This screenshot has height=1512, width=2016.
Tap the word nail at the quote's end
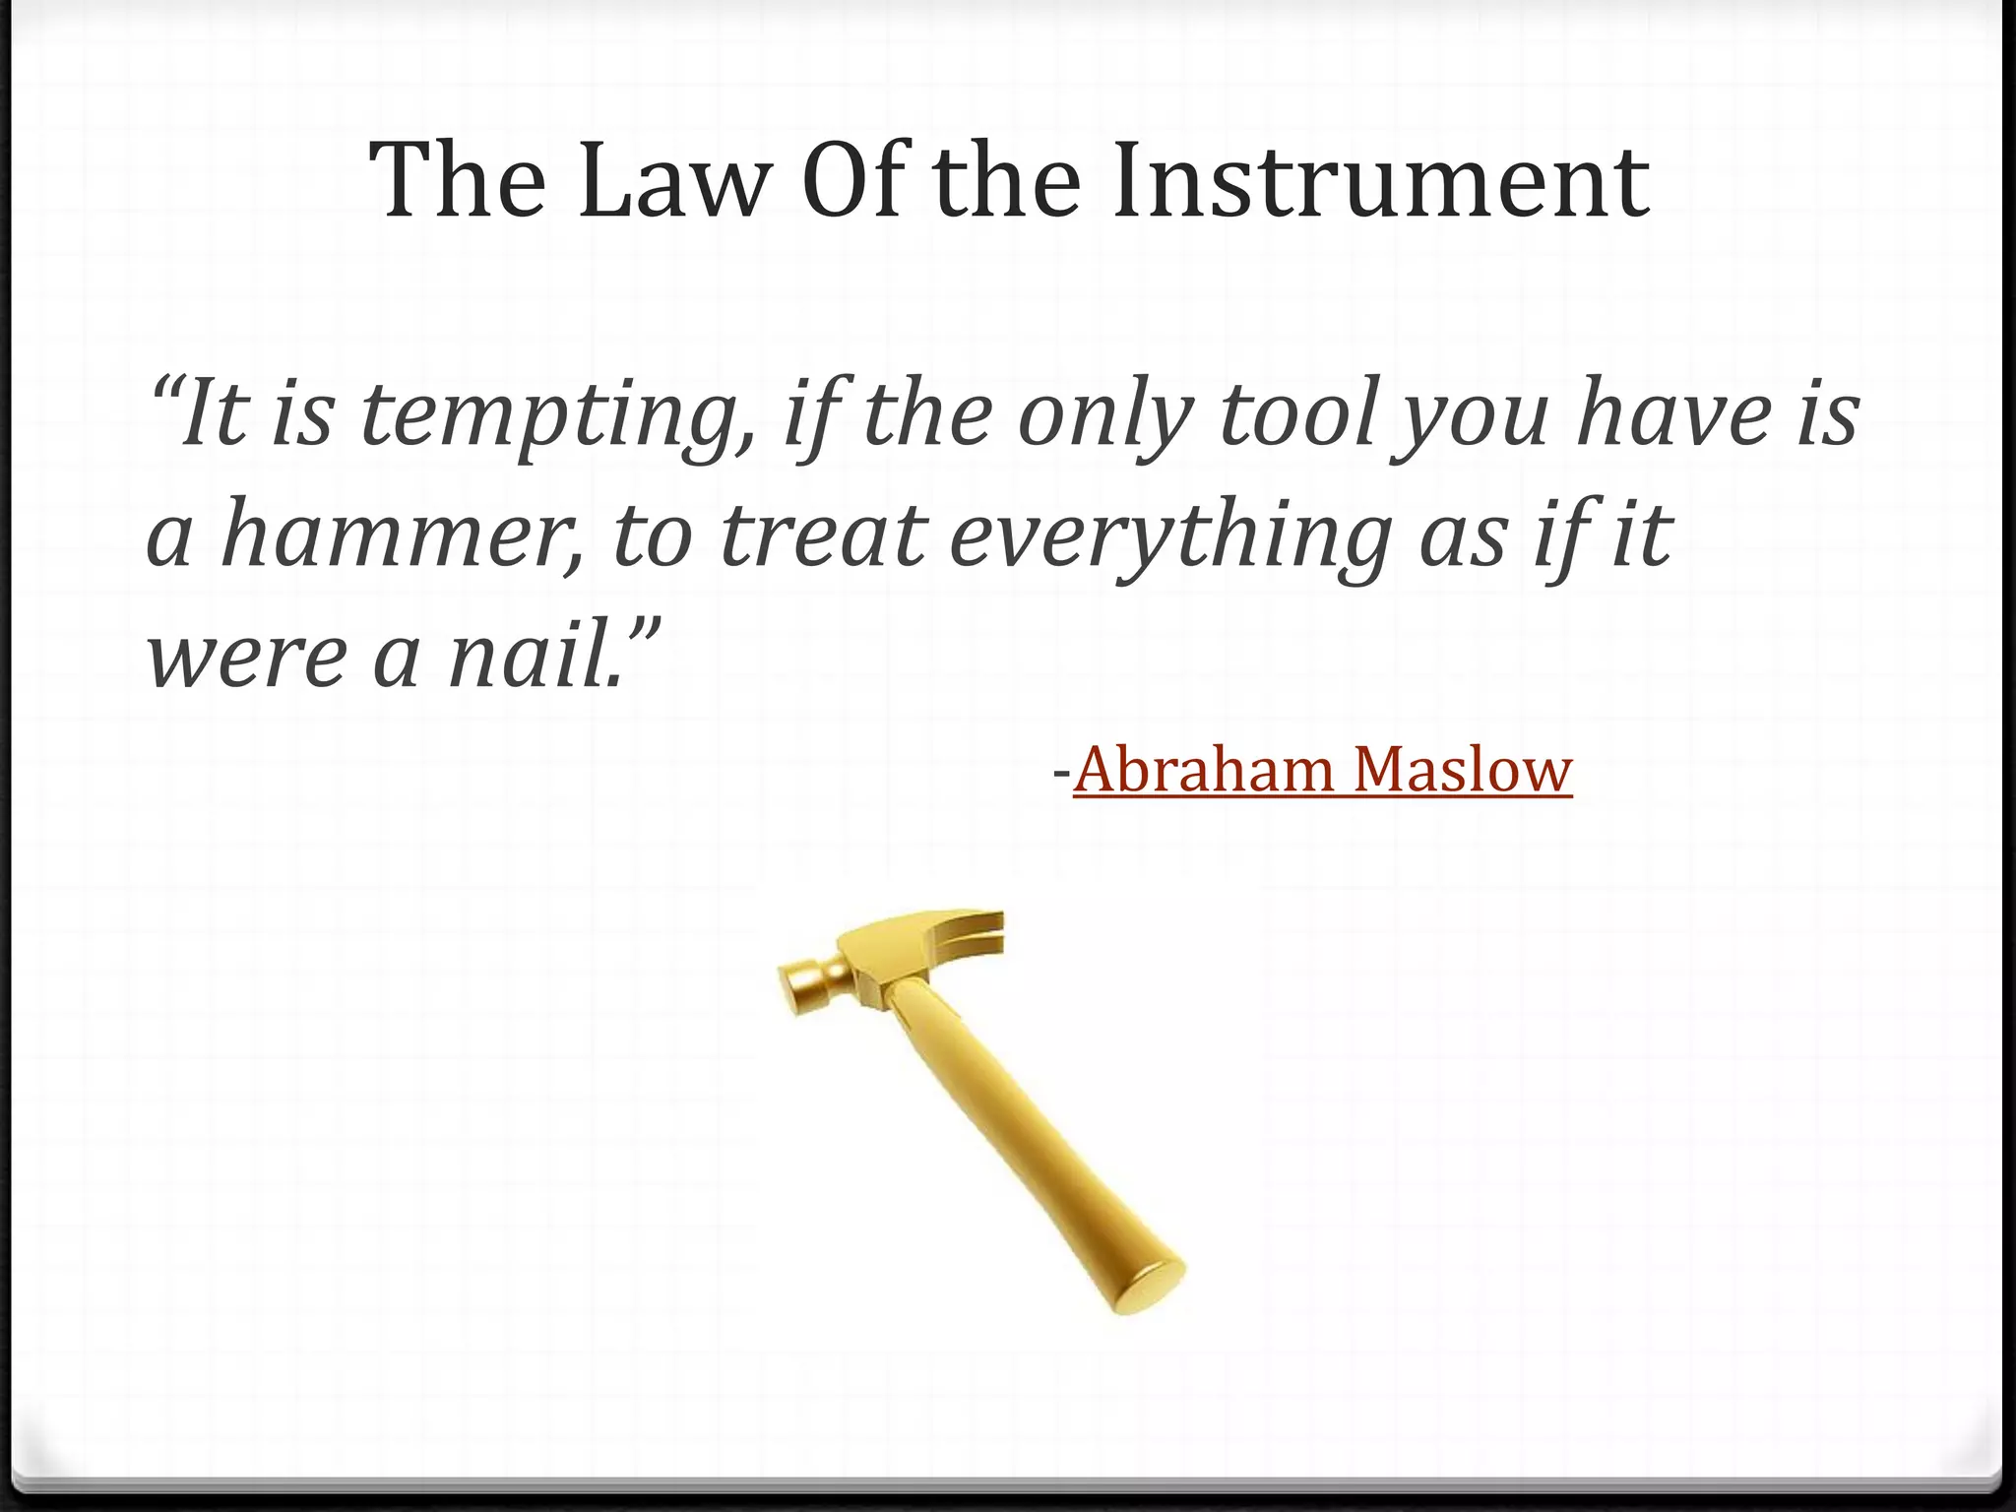[x=532, y=658]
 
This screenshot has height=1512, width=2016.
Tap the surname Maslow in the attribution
[x=1463, y=770]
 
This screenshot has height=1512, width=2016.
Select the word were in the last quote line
[x=246, y=658]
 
